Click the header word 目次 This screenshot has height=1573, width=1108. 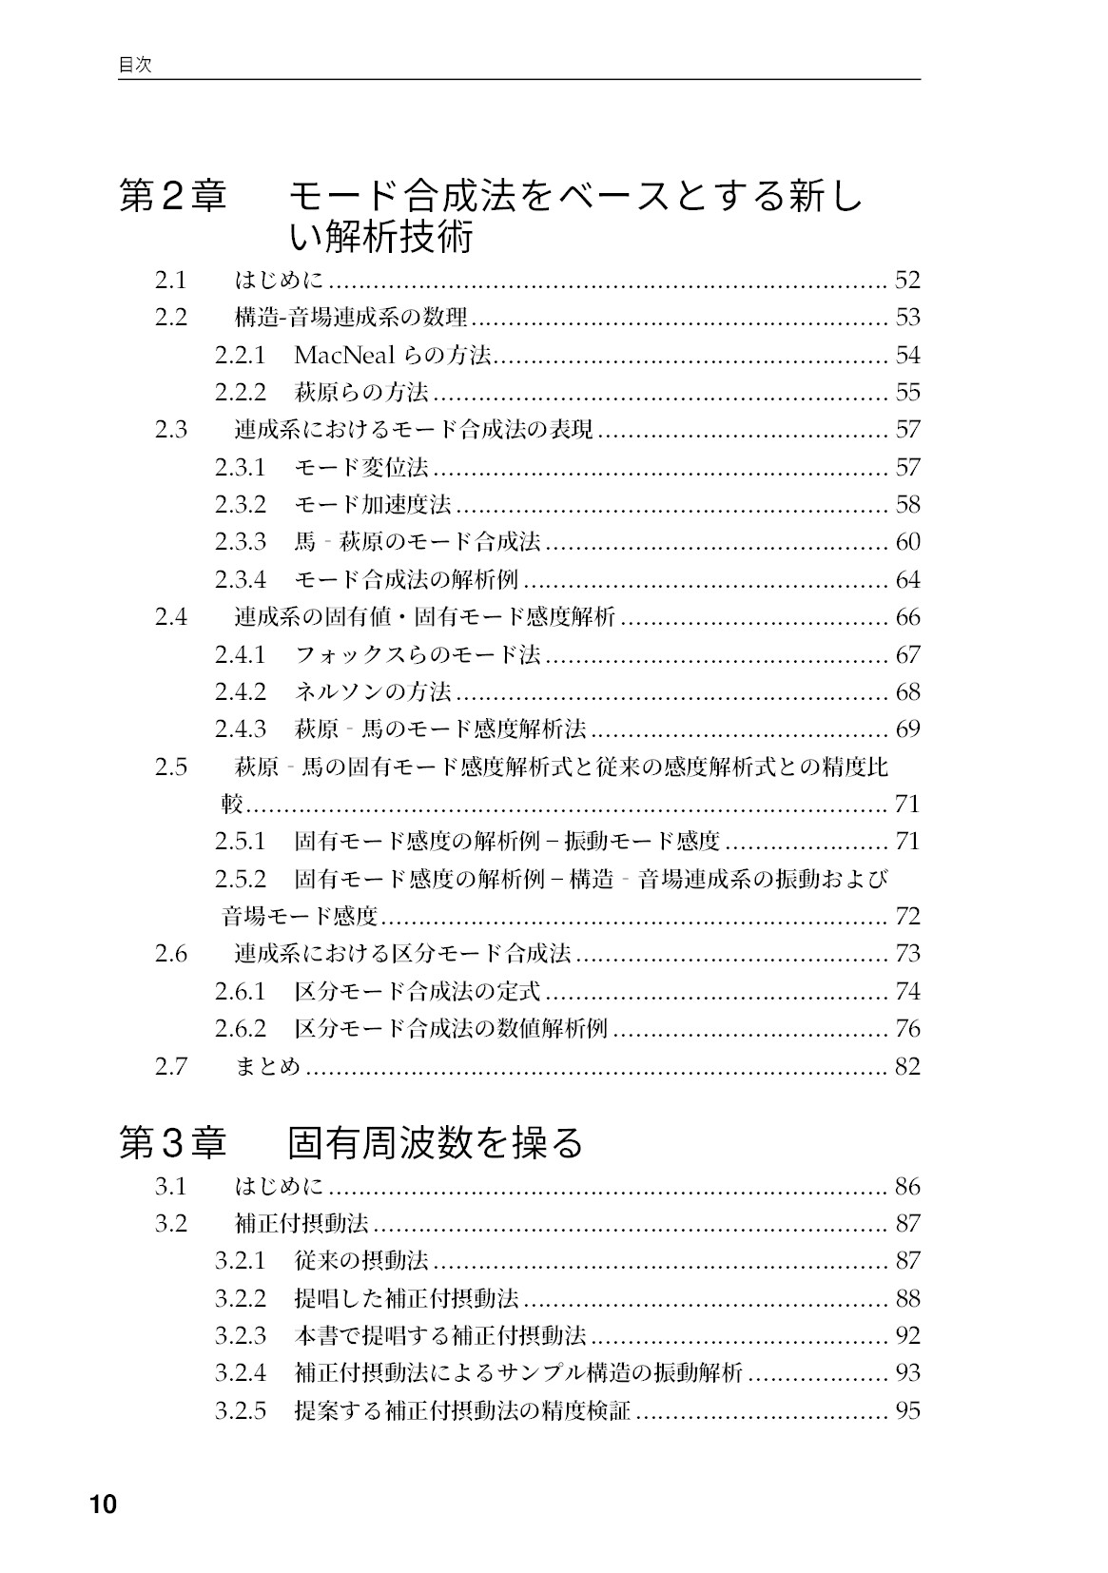point(134,66)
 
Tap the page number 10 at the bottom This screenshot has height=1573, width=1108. point(103,1505)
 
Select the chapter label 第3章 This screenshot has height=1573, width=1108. point(172,1142)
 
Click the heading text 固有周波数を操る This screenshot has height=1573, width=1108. point(435,1142)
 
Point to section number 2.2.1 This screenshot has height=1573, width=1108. point(240,355)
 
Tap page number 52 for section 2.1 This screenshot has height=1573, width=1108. point(907,280)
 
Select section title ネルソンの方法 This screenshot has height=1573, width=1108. point(373,691)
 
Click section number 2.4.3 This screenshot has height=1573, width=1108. point(240,729)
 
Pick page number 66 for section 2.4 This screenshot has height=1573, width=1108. point(907,617)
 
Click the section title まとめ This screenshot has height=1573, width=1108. point(267,1066)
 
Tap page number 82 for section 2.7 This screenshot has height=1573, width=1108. point(907,1066)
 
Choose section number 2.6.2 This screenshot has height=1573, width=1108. point(240,1028)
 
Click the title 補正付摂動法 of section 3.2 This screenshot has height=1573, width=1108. point(301,1223)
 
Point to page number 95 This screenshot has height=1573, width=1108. point(907,1410)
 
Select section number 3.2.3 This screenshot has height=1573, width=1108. point(240,1335)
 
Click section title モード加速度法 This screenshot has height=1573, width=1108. point(373,504)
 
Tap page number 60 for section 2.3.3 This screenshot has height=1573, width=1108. point(907,542)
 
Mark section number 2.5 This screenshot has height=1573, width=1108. point(171,767)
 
